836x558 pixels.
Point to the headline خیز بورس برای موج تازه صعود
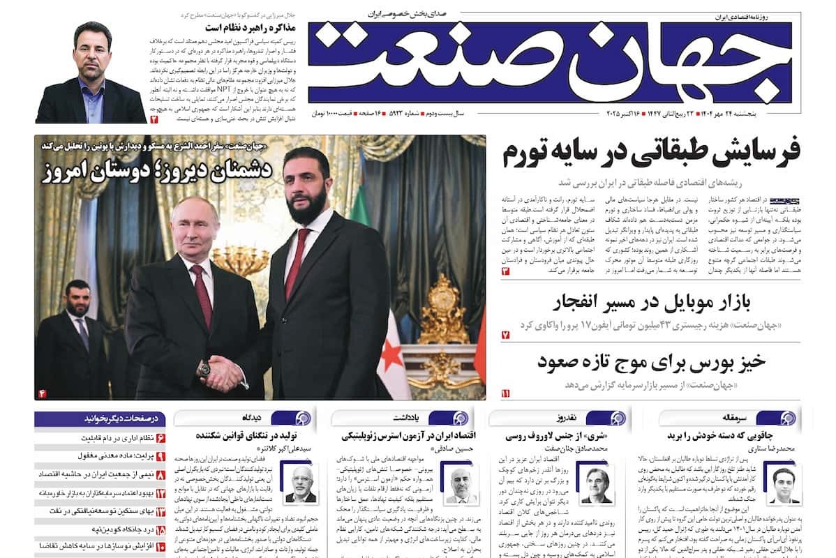652,363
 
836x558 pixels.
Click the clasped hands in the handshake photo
223,372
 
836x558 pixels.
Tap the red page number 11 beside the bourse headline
505,393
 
